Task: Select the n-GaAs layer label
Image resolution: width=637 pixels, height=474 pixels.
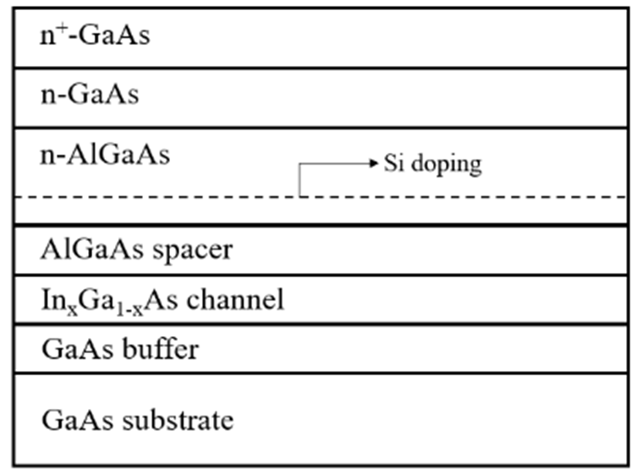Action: pyautogui.click(x=90, y=95)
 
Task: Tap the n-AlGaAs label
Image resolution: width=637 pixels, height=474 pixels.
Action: pyautogui.click(x=105, y=155)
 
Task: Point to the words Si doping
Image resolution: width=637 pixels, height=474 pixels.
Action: pyautogui.click(x=432, y=163)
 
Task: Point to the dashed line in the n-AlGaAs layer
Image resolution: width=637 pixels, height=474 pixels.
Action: pyautogui.click(x=169, y=197)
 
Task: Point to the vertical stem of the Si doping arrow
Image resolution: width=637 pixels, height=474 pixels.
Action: pyautogui.click(x=299, y=180)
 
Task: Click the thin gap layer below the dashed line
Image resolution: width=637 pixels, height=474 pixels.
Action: pyautogui.click(x=321, y=210)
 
